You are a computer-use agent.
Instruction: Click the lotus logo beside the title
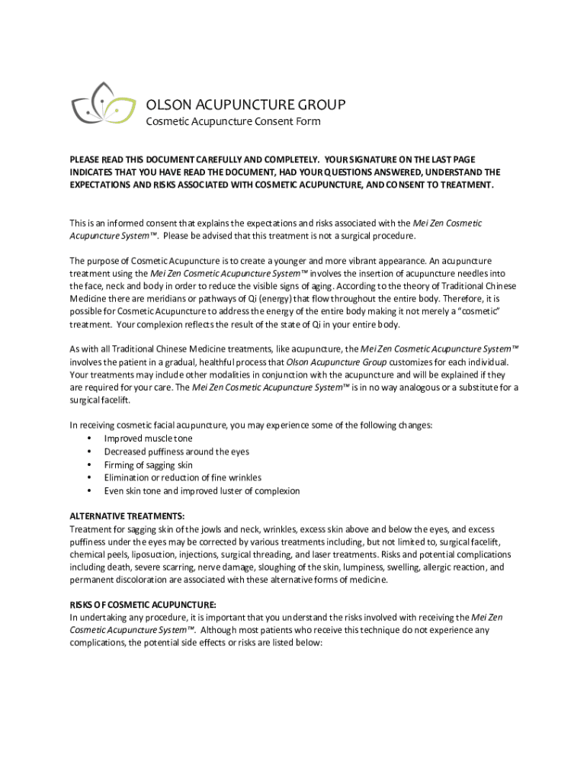[x=98, y=106]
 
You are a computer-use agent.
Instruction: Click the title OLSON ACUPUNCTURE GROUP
[x=245, y=104]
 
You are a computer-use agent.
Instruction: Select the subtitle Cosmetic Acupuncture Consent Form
[x=233, y=121]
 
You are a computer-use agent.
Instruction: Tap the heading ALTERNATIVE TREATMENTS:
[x=127, y=516]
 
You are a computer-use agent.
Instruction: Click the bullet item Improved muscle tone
[x=149, y=439]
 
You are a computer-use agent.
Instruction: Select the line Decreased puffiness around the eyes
[x=177, y=452]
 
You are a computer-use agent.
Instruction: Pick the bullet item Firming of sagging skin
[x=149, y=464]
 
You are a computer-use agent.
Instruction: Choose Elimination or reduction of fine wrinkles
[x=183, y=477]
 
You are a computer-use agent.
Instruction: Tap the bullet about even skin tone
[x=202, y=490]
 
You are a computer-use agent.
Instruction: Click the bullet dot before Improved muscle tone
[x=91, y=439]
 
